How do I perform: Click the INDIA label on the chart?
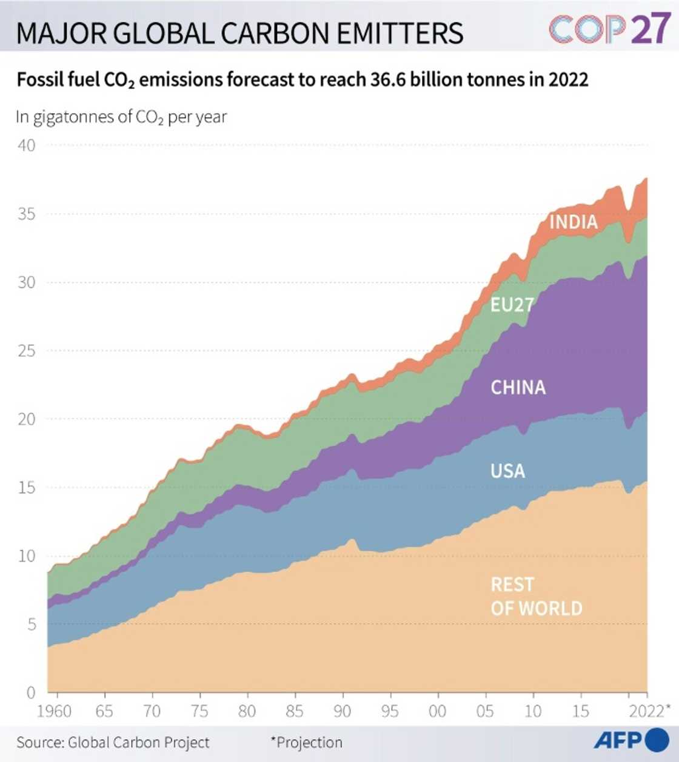click(573, 222)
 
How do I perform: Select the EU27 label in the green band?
click(512, 305)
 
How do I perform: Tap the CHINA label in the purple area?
click(518, 388)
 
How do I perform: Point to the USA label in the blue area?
click(507, 471)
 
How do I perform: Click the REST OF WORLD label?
click(536, 596)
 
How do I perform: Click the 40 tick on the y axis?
click(26, 145)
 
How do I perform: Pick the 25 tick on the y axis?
click(26, 351)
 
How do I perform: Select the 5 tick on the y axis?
click(31, 625)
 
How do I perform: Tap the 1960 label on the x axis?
click(54, 711)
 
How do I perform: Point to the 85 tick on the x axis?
click(295, 711)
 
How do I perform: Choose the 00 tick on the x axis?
click(437, 711)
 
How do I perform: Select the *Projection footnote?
click(306, 742)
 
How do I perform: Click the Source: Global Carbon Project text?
click(113, 743)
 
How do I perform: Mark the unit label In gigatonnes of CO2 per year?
click(121, 117)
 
